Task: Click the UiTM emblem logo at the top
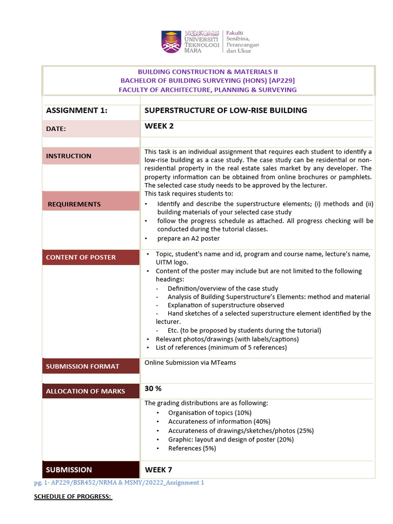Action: pyautogui.click(x=171, y=41)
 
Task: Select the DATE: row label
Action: pyautogui.click(x=56, y=129)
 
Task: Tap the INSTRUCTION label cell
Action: pyautogui.click(x=69, y=156)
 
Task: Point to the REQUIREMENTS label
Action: pyautogui.click(x=74, y=204)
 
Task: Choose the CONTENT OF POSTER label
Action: pyautogui.click(x=81, y=257)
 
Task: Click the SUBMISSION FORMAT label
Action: pyautogui.click(x=82, y=366)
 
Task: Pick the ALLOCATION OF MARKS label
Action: pyautogui.click(x=85, y=391)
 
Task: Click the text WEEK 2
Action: pyautogui.click(x=159, y=126)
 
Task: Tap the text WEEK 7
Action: pyautogui.click(x=159, y=470)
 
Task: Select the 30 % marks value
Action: pyautogui.click(x=153, y=389)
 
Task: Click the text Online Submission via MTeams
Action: pyautogui.click(x=190, y=363)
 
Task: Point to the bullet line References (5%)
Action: pyautogui.click(x=192, y=448)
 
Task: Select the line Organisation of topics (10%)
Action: pyautogui.click(x=210, y=412)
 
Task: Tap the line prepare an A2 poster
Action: pyautogui.click(x=188, y=238)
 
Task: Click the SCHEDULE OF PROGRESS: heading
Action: pyautogui.click(x=73, y=497)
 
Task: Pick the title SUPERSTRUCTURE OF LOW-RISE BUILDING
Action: pyautogui.click(x=226, y=111)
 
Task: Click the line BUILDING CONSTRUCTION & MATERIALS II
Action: pyautogui.click(x=208, y=72)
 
